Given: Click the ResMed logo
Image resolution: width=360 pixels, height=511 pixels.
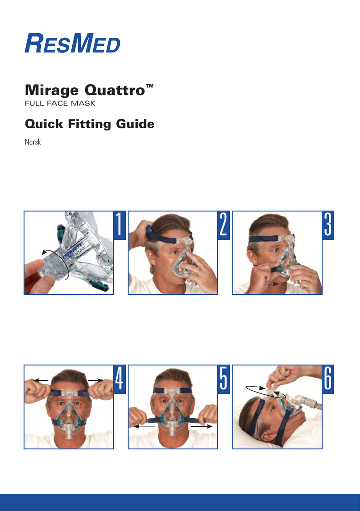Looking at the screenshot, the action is (72, 43).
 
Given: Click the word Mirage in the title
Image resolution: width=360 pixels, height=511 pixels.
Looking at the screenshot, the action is (52, 90).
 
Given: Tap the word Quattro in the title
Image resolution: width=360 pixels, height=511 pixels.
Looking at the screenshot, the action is (115, 90).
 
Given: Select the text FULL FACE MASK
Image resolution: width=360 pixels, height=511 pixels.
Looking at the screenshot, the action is (60, 103).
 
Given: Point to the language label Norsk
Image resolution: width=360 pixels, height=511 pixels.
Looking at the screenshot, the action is (33, 142).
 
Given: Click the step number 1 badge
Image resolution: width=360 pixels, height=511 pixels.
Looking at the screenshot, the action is (119, 225).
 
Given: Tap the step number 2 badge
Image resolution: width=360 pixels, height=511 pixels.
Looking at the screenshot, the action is (223, 225).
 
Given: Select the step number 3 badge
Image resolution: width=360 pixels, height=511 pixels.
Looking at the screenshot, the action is (328, 225).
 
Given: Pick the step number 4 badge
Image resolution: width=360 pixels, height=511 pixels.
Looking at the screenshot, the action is (119, 379).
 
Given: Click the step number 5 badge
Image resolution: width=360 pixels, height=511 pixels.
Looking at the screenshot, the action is (223, 379).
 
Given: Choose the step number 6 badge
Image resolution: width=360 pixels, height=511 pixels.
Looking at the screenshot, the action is (328, 379).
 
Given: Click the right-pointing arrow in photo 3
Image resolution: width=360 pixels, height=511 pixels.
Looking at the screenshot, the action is (270, 284).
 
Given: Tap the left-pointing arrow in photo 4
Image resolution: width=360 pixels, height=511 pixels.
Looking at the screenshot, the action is (41, 380).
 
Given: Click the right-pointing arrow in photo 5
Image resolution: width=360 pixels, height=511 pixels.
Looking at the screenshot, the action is (202, 426).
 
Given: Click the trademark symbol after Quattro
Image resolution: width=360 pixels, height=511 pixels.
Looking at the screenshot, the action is (150, 86).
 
